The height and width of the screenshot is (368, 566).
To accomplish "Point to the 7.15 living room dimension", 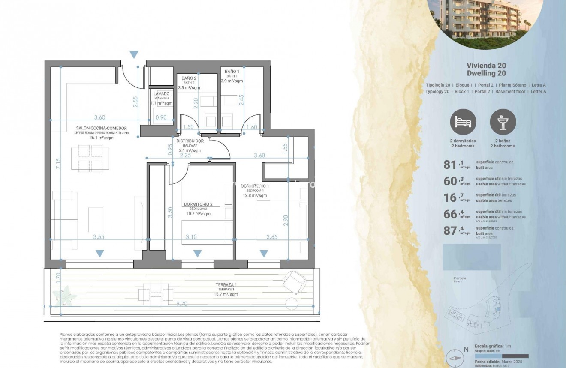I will [x=58, y=165].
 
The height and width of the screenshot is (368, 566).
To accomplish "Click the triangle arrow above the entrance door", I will [x=134, y=54].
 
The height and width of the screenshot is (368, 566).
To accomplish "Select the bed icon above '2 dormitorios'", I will [x=463, y=122].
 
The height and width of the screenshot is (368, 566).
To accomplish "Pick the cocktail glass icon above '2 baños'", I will [x=503, y=122].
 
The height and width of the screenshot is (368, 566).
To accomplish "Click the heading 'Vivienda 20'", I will [x=486, y=66].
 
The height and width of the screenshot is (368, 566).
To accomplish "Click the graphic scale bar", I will [x=501, y=356].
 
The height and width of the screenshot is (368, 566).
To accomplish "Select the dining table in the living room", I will [x=90, y=158].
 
